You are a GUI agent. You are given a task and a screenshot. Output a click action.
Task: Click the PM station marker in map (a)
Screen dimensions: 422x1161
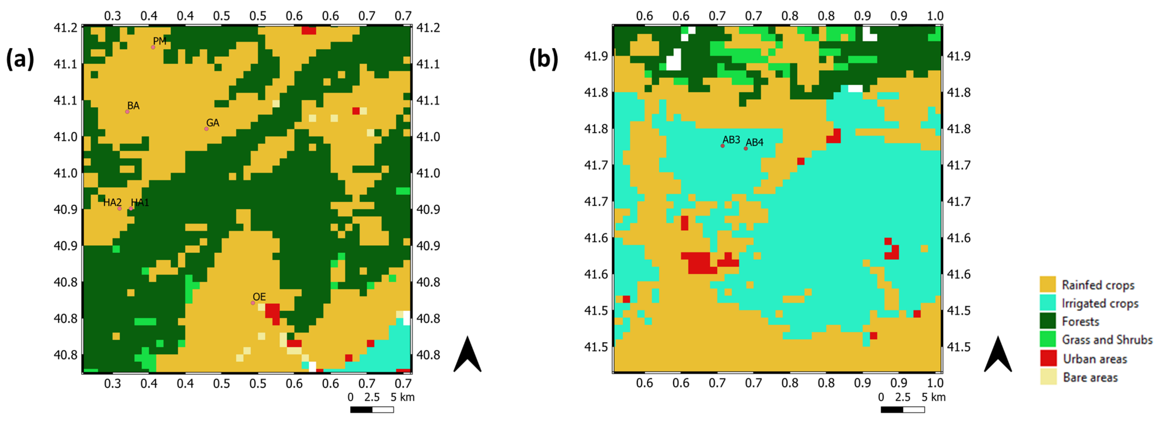(153, 47)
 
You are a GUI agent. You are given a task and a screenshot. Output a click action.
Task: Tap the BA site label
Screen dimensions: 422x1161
(133, 106)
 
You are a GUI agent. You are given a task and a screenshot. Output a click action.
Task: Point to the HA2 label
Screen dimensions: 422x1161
(112, 202)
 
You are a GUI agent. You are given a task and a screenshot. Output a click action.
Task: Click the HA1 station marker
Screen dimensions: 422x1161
(131, 209)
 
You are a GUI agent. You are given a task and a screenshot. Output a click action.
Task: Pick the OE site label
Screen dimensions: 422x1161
(259, 297)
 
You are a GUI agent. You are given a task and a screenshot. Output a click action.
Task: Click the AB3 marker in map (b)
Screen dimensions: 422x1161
(722, 146)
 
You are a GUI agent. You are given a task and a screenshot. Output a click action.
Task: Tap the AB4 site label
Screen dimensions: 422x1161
(755, 142)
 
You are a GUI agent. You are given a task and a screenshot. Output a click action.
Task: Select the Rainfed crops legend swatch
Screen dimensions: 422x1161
(1048, 285)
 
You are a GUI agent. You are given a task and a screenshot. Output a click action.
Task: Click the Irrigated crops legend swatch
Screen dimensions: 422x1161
(1048, 303)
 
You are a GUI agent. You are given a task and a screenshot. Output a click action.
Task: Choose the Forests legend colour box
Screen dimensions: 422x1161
(1048, 321)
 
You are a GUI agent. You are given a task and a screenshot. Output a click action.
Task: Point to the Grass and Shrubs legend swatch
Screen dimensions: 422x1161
(1048, 339)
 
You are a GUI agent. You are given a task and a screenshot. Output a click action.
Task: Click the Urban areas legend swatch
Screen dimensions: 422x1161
(1048, 358)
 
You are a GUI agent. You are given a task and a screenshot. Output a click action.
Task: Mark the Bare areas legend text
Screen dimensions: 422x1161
(1090, 377)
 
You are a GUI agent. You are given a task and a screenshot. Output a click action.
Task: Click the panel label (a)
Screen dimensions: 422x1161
(20, 59)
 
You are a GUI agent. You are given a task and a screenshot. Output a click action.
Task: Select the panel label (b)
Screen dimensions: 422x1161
(543, 59)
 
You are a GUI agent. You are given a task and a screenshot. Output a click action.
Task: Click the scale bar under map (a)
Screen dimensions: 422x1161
(372, 409)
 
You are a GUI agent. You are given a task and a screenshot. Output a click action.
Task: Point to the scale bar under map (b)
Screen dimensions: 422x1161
(902, 409)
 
